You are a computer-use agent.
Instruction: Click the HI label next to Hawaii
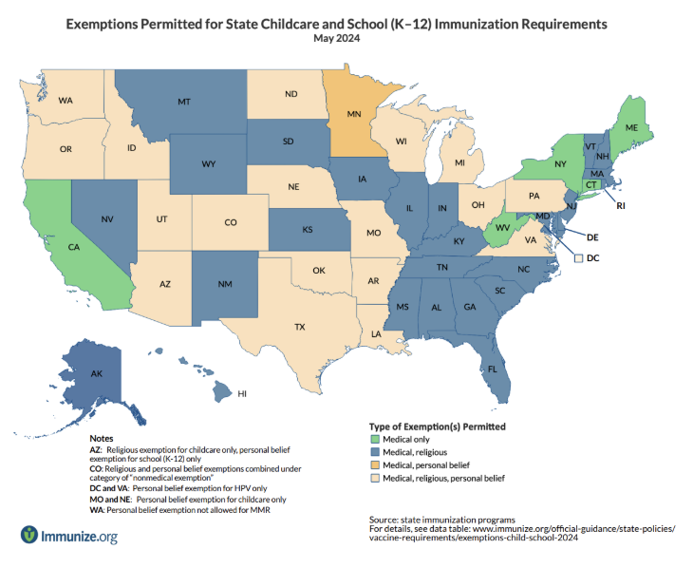[241, 393]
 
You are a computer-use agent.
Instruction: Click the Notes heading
[102, 438]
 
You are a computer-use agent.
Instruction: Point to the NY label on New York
[559, 164]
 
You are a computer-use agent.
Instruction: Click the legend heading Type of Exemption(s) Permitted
[436, 426]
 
